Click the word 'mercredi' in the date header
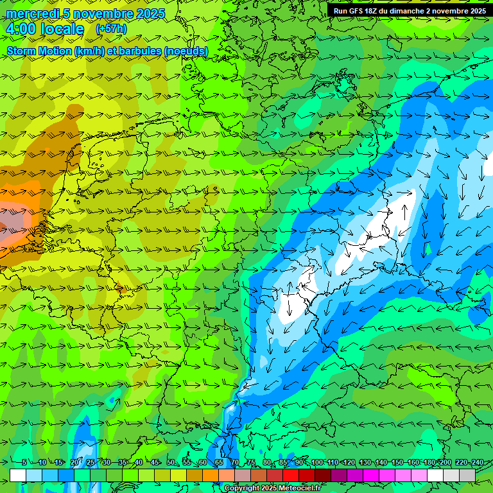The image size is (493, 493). point(30,13)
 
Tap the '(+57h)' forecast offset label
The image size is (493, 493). point(111,29)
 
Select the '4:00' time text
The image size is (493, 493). point(21,30)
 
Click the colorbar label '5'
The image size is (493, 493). point(24,463)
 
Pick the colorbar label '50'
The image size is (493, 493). point(170,463)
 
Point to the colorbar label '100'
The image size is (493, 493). point(316,463)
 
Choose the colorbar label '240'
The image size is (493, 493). point(478,463)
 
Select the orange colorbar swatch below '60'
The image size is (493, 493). point(211,475)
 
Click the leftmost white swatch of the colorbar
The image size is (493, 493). point(18,475)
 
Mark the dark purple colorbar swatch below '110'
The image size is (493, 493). point(339,475)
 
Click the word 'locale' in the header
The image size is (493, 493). point(62,30)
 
